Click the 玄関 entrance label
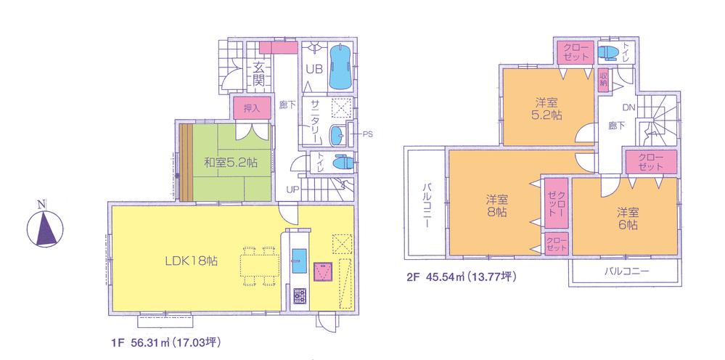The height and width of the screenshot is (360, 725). point(259,73)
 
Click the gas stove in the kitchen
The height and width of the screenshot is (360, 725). point(298,295)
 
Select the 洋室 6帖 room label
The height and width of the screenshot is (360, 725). point(628,218)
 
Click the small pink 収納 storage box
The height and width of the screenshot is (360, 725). point(602,78)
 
